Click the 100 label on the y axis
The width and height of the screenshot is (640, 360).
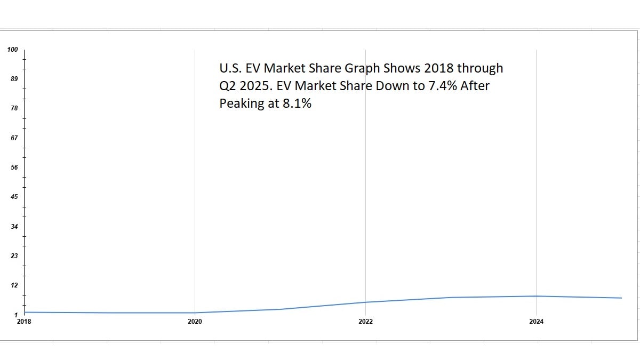coord(12,50)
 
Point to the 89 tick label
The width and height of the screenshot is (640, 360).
coord(14,79)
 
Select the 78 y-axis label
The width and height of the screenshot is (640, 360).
coord(14,108)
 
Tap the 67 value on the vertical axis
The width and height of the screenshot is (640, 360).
coord(14,138)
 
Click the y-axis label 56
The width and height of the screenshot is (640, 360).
coord(14,167)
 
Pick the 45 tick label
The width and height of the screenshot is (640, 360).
coord(14,197)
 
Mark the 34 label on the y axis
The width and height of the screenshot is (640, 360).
coord(14,227)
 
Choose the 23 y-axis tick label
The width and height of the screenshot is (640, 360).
coord(14,256)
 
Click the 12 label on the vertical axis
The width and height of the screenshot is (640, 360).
coord(14,285)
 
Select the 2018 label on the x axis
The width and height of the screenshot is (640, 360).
coord(24,322)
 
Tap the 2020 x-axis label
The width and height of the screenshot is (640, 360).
coord(195,322)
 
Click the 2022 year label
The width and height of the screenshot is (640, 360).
coord(365,322)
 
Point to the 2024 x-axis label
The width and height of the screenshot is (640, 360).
coord(536,322)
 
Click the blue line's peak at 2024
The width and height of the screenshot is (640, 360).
coord(536,296)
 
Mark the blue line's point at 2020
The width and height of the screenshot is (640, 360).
coord(195,313)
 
